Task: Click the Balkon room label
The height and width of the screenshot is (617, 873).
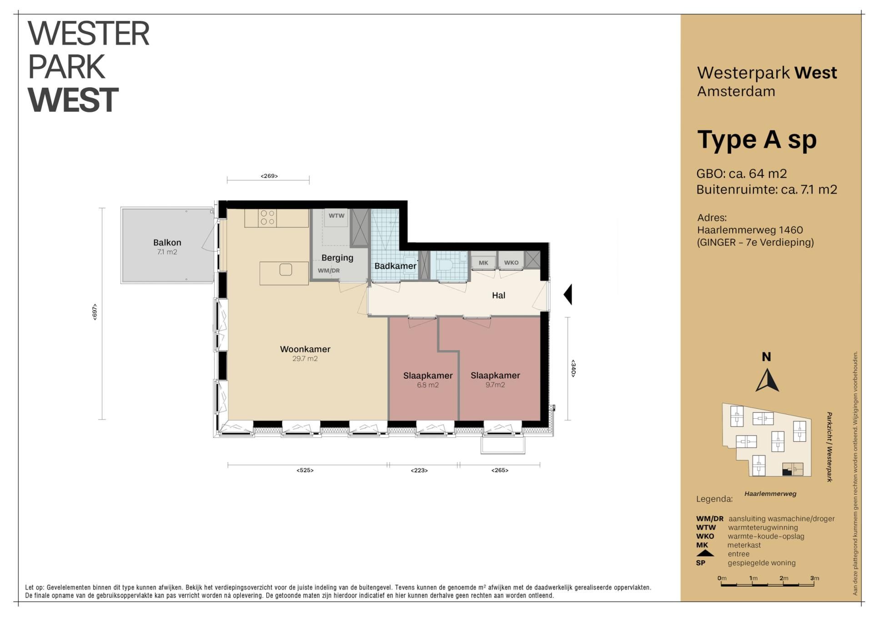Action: (x=167, y=243)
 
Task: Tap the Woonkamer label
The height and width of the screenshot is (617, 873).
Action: (x=305, y=349)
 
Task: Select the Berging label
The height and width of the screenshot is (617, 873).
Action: (x=337, y=258)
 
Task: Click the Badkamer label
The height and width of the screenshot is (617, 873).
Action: (x=395, y=266)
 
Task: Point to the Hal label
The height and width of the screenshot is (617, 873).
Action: (x=498, y=296)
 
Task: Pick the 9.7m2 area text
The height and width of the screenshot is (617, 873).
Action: (x=495, y=385)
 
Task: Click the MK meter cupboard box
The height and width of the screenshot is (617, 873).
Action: (x=483, y=263)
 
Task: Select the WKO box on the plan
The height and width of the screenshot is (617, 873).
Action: (x=511, y=263)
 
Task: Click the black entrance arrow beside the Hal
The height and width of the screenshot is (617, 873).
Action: (x=567, y=295)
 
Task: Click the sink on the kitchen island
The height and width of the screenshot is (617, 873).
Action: (x=286, y=270)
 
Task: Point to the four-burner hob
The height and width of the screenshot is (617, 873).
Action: (x=267, y=218)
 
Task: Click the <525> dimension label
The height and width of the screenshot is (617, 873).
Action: (x=305, y=470)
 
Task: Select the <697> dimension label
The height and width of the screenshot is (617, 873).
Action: (x=95, y=312)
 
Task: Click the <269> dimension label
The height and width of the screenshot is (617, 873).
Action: (x=269, y=176)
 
